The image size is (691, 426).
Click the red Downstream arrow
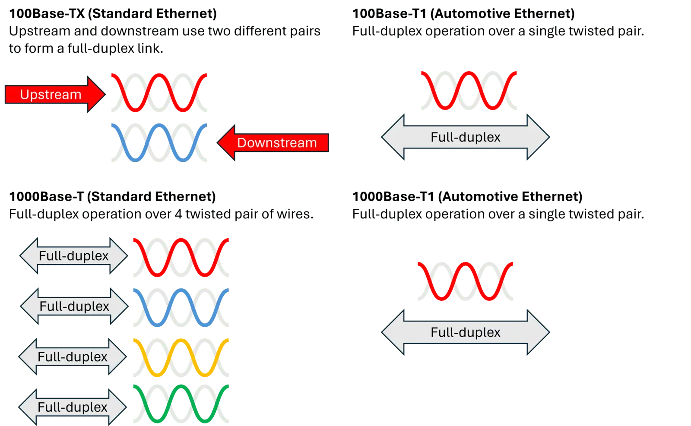click(273, 143)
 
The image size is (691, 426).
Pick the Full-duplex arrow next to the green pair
click(73, 407)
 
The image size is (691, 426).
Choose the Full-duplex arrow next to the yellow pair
click(73, 357)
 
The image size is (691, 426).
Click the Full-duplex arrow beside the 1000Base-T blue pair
click(74, 306)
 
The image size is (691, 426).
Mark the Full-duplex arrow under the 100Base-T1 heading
click(466, 137)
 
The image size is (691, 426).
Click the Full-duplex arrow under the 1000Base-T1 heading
click(466, 332)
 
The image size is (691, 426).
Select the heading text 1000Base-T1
click(393, 197)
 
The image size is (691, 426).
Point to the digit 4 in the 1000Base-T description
click(178, 214)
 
